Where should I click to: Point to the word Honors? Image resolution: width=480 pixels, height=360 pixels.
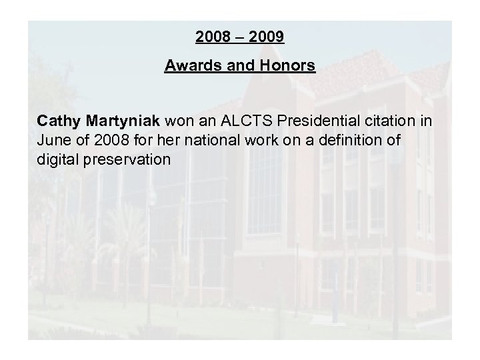(288, 67)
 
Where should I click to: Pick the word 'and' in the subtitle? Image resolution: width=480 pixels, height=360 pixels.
(238, 67)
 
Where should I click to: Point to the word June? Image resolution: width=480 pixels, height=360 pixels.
(53, 141)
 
